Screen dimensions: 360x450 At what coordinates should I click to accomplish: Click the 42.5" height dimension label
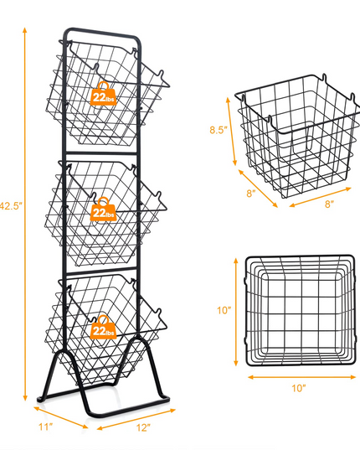click(11, 206)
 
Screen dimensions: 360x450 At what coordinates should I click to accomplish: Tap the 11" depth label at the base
click(46, 427)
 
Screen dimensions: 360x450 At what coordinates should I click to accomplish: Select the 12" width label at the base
click(143, 427)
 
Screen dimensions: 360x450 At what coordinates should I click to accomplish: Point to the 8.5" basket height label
click(219, 130)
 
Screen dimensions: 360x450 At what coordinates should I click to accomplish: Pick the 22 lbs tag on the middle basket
click(104, 209)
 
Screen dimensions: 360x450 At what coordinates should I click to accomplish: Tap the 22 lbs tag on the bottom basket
click(104, 327)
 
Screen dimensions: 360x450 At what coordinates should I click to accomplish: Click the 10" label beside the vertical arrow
click(224, 310)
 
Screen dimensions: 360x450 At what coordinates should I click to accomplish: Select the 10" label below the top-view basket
click(299, 388)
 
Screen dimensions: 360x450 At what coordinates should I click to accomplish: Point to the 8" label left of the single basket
click(251, 194)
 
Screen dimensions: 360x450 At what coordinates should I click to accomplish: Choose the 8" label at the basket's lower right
click(329, 204)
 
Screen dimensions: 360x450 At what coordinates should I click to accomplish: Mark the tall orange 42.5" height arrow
click(25, 214)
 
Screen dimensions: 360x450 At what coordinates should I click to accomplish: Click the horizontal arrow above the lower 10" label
click(301, 377)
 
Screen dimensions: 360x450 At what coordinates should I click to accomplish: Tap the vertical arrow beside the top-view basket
click(236, 312)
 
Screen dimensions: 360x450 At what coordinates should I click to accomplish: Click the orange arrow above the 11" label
click(61, 417)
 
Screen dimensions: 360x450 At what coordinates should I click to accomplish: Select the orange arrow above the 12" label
click(136, 419)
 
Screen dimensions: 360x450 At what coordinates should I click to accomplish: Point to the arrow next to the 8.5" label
click(232, 132)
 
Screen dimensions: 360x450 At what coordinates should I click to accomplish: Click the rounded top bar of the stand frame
click(102, 32)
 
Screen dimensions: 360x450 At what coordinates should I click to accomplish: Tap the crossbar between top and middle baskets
click(101, 153)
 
